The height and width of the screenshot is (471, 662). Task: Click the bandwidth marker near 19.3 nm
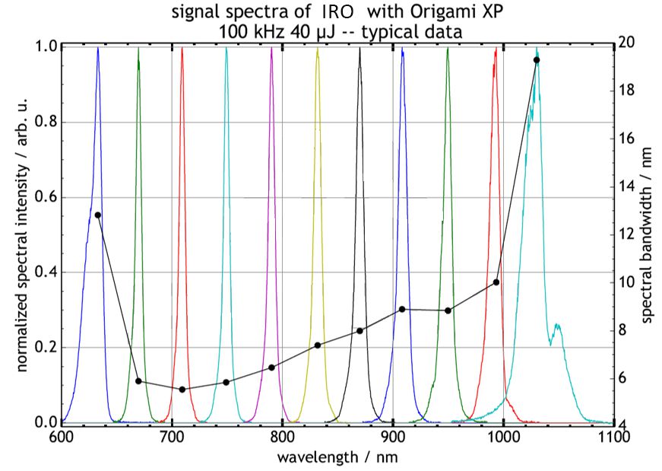click(537, 60)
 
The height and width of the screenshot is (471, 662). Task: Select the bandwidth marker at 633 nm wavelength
click(97, 215)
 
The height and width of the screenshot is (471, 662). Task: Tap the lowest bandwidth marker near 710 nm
click(182, 390)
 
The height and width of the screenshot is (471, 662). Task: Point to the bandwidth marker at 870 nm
click(360, 331)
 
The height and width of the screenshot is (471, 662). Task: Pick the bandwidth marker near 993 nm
click(496, 282)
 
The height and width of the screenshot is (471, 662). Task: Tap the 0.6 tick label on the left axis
click(45, 198)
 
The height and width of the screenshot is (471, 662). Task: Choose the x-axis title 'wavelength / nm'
click(337, 457)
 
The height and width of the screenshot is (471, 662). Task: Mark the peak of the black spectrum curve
click(360, 49)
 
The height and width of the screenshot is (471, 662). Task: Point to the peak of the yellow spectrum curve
click(318, 49)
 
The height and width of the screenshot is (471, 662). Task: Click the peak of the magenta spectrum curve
click(271, 49)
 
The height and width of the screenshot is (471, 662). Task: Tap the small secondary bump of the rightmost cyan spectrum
click(558, 326)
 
